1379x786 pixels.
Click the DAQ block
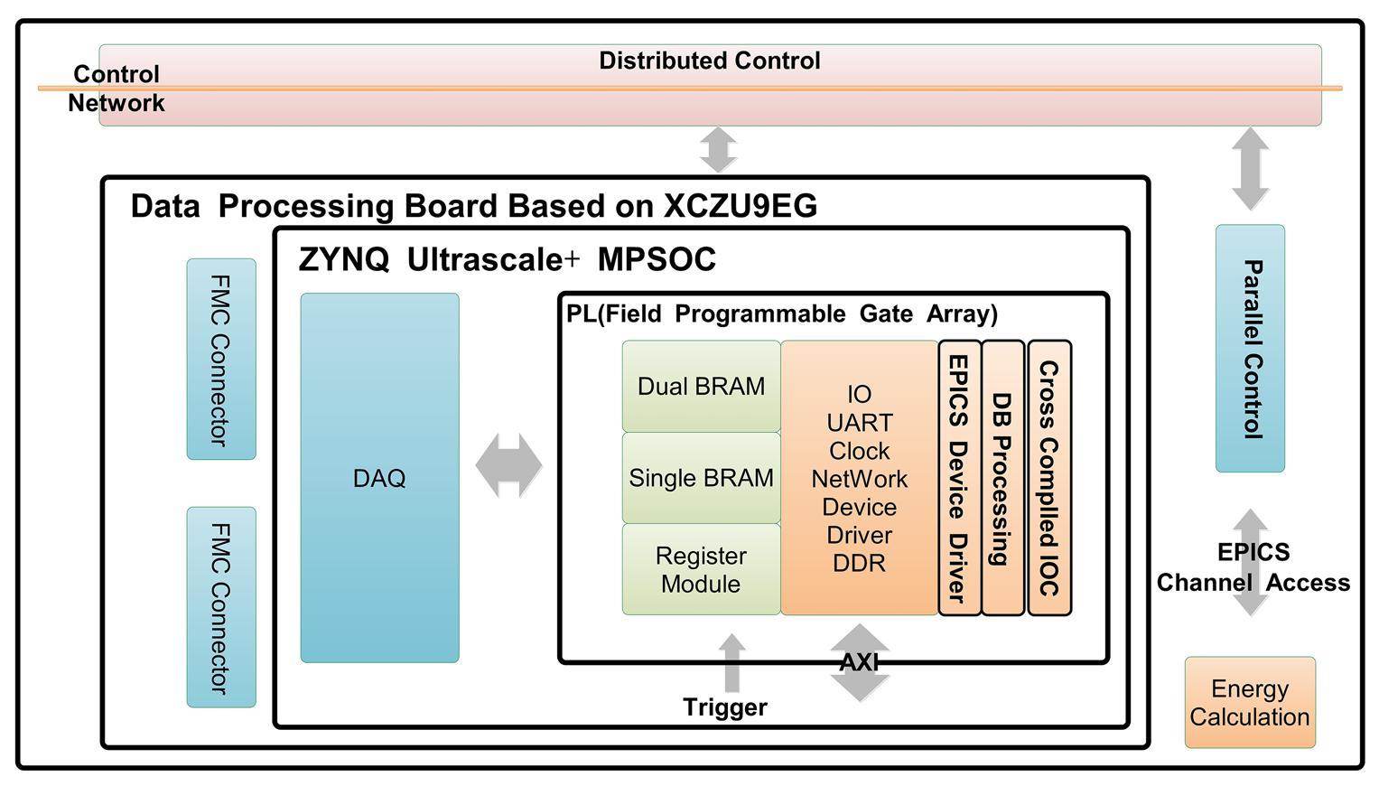(379, 477)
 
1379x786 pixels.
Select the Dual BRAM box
(701, 386)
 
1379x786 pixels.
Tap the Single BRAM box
(701, 477)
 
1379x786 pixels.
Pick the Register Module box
(701, 569)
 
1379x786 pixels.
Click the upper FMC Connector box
(221, 359)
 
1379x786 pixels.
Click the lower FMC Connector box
(221, 607)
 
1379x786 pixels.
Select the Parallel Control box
(1250, 349)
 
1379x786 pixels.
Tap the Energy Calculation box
(1250, 703)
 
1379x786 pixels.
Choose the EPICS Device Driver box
(959, 478)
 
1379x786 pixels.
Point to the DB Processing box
(1002, 478)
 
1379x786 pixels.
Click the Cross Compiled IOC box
(1049, 478)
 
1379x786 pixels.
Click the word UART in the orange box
(859, 423)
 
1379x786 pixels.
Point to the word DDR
(859, 563)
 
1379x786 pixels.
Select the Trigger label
(724, 707)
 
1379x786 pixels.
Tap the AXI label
(859, 663)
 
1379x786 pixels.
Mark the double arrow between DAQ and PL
(508, 465)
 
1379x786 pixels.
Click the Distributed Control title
(710, 61)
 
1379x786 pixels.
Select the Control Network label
(116, 89)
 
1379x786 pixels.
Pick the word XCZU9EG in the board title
(741, 206)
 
